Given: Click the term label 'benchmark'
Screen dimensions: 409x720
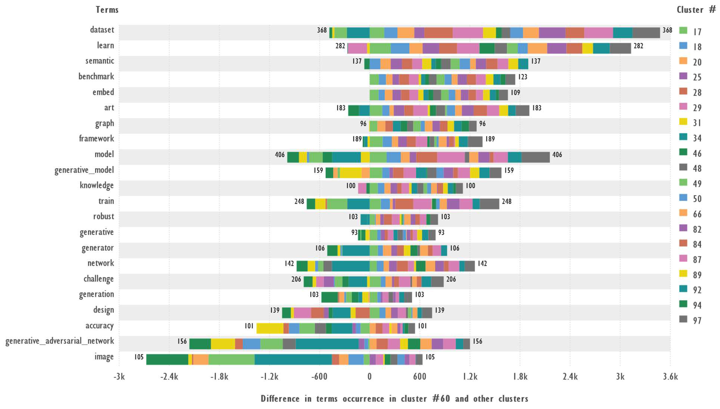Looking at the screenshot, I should [x=96, y=76].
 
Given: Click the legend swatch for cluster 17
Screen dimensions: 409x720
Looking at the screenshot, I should [x=683, y=31].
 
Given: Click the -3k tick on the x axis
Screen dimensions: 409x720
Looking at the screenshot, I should [x=119, y=376].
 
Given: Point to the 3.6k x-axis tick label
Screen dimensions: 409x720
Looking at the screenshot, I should [x=670, y=376].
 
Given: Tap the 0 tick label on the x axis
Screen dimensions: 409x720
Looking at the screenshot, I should [x=369, y=376].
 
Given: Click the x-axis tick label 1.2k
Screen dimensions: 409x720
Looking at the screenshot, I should [x=470, y=376].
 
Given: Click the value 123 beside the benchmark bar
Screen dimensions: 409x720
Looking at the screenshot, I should [x=522, y=77].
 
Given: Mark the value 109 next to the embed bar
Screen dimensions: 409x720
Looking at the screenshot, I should [x=515, y=93].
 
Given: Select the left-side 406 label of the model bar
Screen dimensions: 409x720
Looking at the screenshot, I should [x=280, y=155].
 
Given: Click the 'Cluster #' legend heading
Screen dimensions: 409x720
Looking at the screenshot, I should [x=696, y=10].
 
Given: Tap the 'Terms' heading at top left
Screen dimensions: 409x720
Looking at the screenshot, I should [x=107, y=10].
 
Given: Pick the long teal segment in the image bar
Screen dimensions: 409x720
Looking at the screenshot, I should [x=293, y=359].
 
